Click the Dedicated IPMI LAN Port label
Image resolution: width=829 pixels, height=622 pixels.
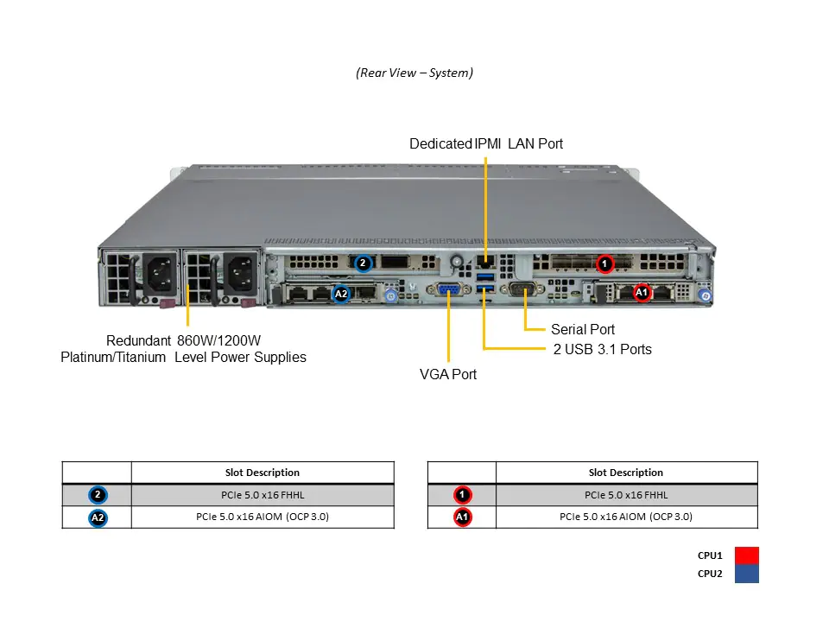pyautogui.click(x=485, y=143)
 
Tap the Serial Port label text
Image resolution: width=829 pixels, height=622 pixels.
pyautogui.click(x=583, y=329)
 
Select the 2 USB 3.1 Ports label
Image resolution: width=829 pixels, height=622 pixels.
pyautogui.click(x=602, y=349)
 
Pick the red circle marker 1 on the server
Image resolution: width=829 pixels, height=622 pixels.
pyautogui.click(x=605, y=263)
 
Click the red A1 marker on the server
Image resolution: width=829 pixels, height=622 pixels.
pyautogui.click(x=642, y=293)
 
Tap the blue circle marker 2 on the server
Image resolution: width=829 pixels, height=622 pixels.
pyautogui.click(x=363, y=263)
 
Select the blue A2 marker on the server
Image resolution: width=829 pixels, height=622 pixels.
pyautogui.click(x=341, y=294)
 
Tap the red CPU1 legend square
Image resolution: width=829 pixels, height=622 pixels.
pyautogui.click(x=746, y=555)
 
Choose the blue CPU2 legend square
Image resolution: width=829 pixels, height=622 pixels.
pyautogui.click(x=746, y=574)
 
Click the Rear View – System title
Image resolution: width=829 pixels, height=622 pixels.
pyautogui.click(x=414, y=73)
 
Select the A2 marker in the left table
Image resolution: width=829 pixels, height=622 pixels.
pyautogui.click(x=98, y=517)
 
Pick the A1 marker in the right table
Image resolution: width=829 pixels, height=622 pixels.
pyautogui.click(x=463, y=517)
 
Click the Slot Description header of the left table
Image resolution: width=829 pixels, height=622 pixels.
pyautogui.click(x=263, y=473)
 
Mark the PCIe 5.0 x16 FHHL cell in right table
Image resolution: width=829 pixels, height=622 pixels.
pyautogui.click(x=626, y=495)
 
